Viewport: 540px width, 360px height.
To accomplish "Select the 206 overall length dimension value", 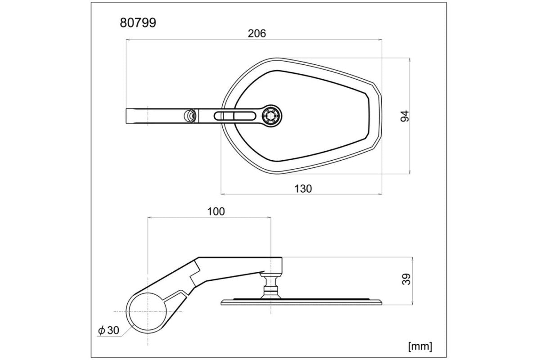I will pos(257,33).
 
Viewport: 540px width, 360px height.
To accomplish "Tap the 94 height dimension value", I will pos(405,116).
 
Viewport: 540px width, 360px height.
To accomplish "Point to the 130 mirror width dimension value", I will pos(303,189).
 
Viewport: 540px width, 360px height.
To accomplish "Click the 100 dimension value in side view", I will pos(216,211).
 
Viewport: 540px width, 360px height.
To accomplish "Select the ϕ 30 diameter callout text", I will pos(108,330).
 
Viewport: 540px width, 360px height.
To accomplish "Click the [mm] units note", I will pos(420,346).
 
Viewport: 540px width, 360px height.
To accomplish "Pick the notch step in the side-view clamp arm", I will pos(196,271).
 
